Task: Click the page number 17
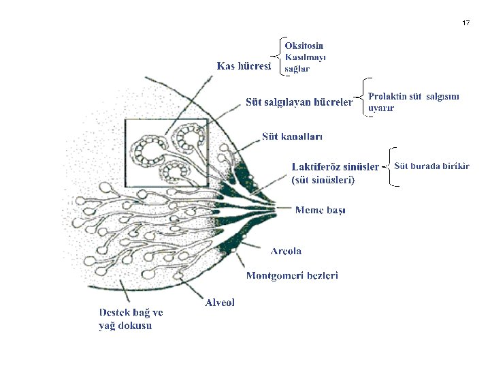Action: click(x=465, y=23)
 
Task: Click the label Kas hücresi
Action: click(x=244, y=66)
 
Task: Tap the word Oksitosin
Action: click(x=304, y=46)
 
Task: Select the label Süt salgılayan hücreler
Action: click(x=299, y=102)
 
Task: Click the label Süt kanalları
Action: click(x=293, y=136)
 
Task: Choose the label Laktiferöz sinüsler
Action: click(x=335, y=167)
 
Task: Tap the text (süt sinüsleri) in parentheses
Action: click(x=323, y=181)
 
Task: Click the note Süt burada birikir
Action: click(x=431, y=166)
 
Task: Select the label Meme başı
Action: click(x=320, y=210)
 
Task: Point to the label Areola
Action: click(x=286, y=251)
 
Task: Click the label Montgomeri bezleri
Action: click(x=292, y=275)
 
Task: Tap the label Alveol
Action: click(x=220, y=303)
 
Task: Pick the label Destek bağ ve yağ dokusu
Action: click(x=131, y=319)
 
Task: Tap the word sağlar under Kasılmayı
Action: click(x=297, y=69)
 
